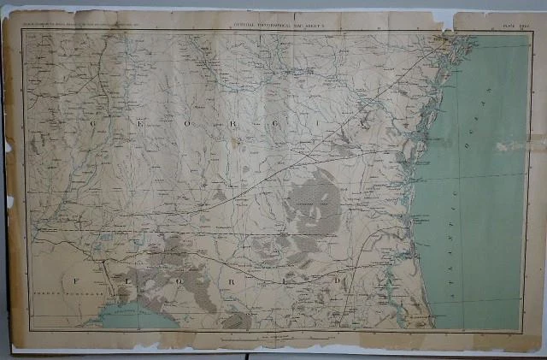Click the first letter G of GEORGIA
coord(91,124)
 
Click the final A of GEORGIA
coord(368,125)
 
